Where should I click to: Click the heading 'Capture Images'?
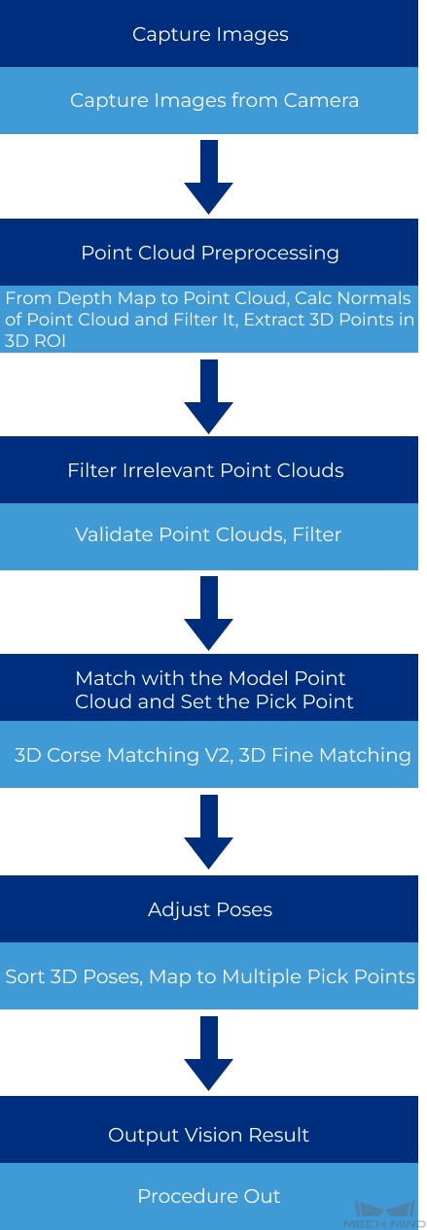pos(210,35)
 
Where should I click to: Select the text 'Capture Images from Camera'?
pos(214,100)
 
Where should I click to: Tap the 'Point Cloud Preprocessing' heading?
pos(210,254)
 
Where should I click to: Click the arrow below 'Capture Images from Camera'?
pos(208,177)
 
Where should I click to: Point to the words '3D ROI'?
pos(35,341)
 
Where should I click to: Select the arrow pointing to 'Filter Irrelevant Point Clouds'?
pos(208,396)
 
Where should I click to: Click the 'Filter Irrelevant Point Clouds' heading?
pos(205,470)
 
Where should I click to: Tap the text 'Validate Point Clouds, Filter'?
pos(208,534)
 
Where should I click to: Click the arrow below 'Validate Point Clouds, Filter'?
pos(208,613)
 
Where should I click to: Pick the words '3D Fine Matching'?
pos(325,755)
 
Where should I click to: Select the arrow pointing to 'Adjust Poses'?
pos(208,832)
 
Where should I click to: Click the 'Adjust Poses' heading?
pos(210,910)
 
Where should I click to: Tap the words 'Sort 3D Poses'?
pos(72,976)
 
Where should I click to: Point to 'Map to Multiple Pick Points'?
pos(282,976)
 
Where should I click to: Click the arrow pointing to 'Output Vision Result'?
pos(208,1053)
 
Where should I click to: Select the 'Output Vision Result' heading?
pos(208,1135)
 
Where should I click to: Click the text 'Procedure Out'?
pos(209,1196)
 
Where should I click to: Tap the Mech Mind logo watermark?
pos(384,1214)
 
